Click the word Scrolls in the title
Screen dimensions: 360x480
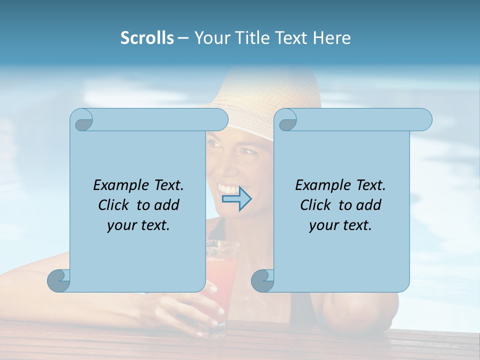coord(147,38)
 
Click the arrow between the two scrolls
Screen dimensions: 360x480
coord(236,199)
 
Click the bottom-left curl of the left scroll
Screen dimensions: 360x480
coord(59,281)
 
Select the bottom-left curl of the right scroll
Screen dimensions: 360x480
coord(262,281)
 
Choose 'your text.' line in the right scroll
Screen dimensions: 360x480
coord(340,225)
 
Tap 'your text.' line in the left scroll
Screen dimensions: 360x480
coord(138,225)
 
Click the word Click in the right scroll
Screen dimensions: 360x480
coord(315,205)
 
